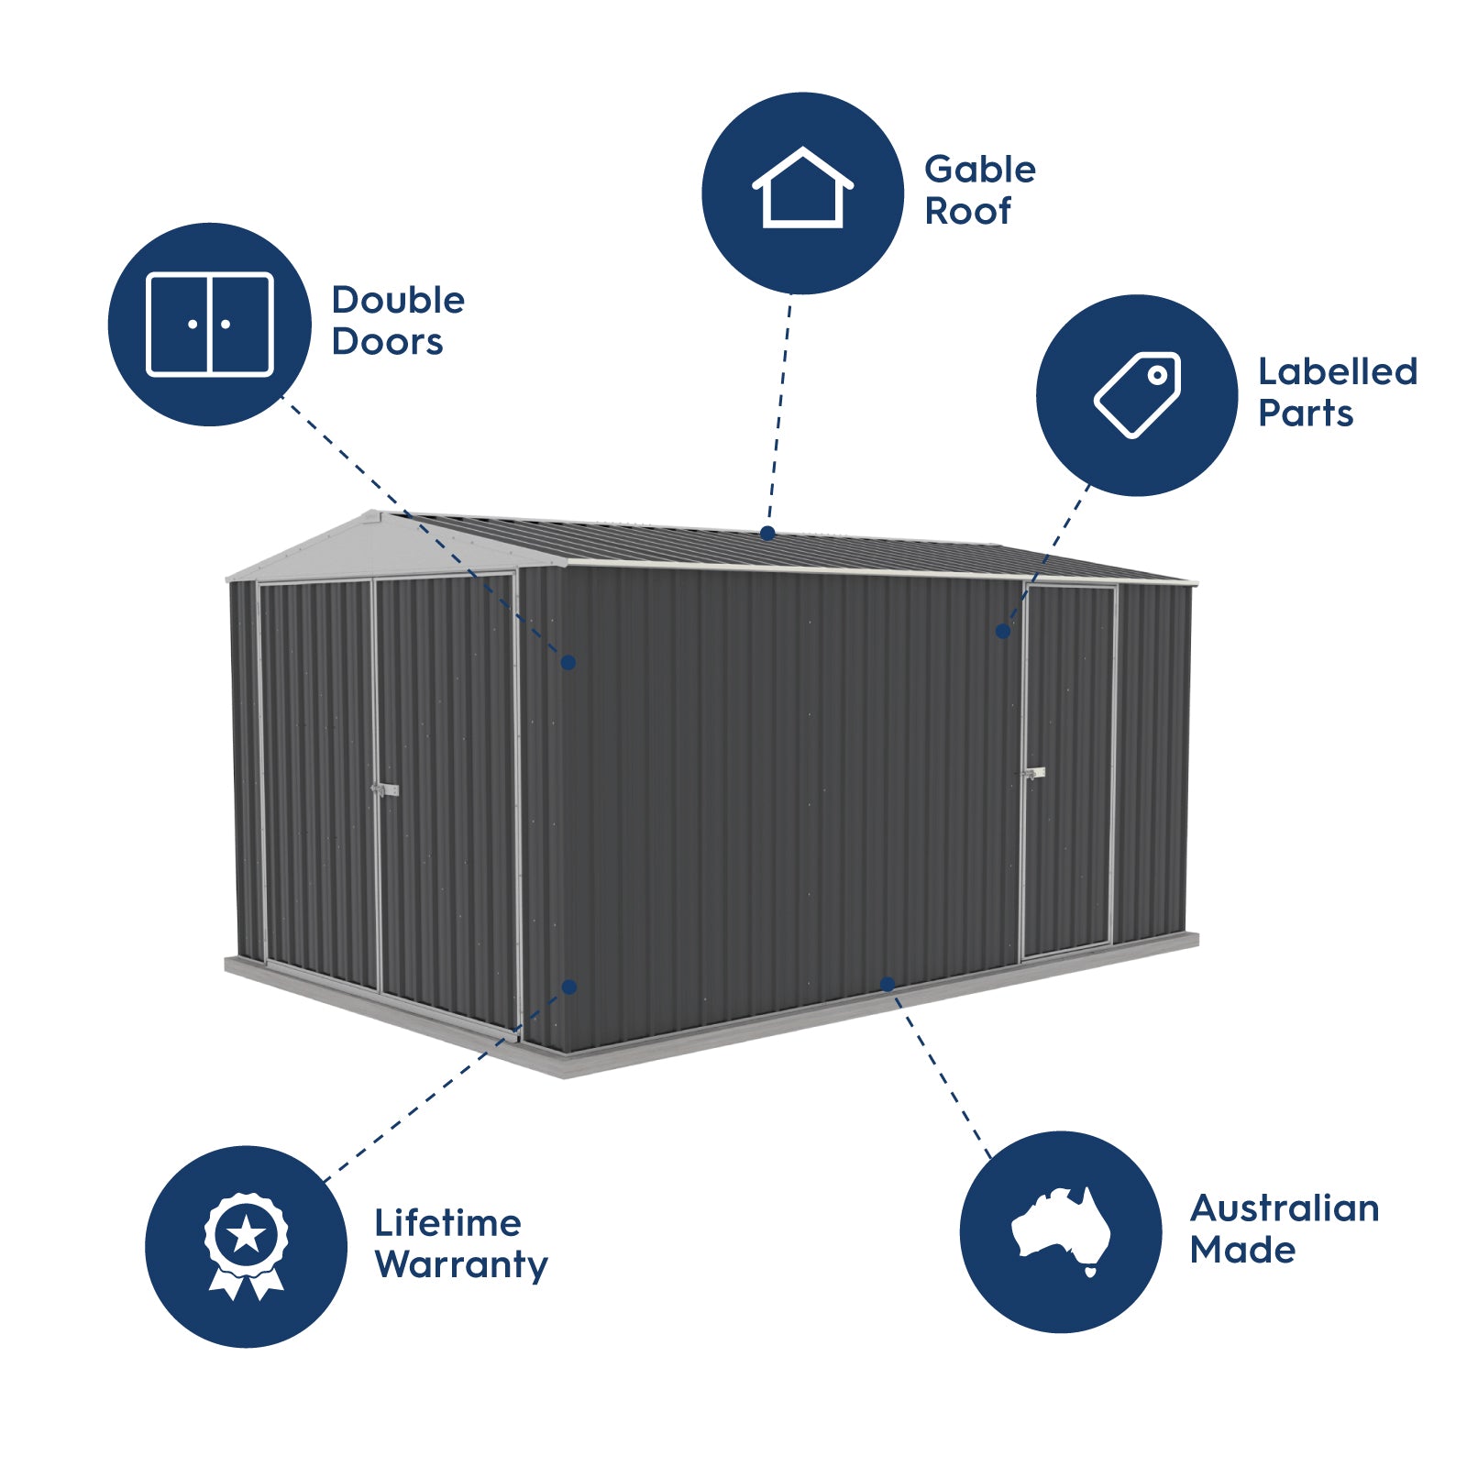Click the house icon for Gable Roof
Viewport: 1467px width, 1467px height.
pos(802,188)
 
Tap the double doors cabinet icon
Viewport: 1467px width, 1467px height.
pos(210,325)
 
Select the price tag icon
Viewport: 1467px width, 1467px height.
pos(1138,394)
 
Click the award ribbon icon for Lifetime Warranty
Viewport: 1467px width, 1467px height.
pos(246,1245)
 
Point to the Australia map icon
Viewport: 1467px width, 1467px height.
pos(1061,1230)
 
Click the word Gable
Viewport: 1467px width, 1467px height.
pos(979,170)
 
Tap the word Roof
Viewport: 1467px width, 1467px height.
pos(967,211)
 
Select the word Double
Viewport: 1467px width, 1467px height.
pos(398,300)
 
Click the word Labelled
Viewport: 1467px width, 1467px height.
pos(1337,371)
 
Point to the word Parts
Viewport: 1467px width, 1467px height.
pos(1305,414)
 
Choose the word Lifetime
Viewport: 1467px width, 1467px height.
pos(447,1222)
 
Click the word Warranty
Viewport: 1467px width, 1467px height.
pos(461,1264)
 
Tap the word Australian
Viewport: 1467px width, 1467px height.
pos(1284,1208)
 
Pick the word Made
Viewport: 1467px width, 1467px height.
pos(1242,1250)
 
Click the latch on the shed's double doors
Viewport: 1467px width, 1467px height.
pos(384,789)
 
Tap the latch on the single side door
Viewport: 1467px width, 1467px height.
pos(1033,774)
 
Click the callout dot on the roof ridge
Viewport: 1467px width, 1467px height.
pos(767,533)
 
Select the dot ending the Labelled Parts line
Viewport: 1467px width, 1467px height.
pos(1003,631)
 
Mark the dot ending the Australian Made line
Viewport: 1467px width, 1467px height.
pos(887,985)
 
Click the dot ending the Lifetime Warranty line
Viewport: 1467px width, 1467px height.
pos(569,987)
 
